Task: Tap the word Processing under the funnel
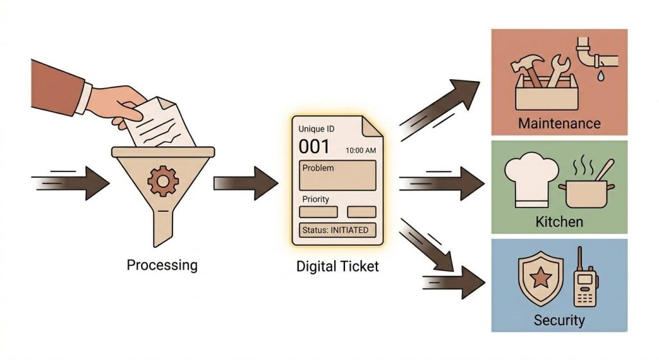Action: (162, 265)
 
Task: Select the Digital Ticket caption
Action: (337, 265)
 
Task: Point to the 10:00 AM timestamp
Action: (360, 150)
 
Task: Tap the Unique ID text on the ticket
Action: (316, 129)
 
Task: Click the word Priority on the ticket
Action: (315, 200)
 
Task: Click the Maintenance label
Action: (559, 123)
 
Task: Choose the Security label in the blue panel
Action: (559, 320)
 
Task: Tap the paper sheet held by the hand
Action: (158, 122)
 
